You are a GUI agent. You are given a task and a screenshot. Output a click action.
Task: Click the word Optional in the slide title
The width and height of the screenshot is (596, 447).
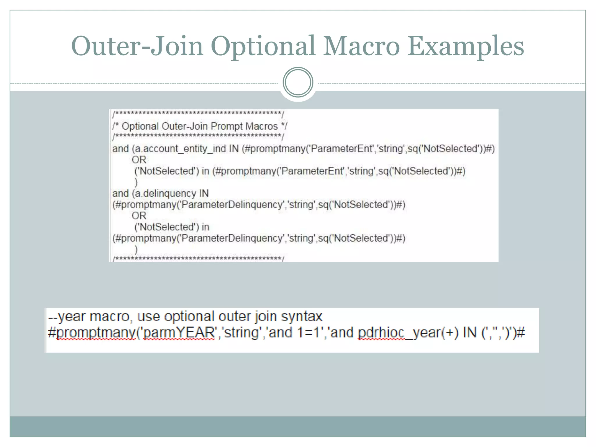(x=263, y=46)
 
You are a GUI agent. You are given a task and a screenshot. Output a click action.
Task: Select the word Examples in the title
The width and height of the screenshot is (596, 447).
(x=466, y=46)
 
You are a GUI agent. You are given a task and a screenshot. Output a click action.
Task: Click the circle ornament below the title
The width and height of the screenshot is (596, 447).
(x=298, y=82)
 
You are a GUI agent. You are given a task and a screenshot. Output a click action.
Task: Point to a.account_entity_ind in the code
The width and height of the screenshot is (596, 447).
(x=180, y=149)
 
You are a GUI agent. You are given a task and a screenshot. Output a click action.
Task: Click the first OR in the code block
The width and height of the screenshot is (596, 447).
(x=139, y=160)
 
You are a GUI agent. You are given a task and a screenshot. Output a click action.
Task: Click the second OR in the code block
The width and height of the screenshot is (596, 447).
(x=139, y=216)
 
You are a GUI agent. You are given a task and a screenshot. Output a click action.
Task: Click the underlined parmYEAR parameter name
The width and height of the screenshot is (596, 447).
(x=179, y=332)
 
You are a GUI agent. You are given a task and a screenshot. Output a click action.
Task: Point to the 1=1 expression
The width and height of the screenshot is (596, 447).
(x=308, y=332)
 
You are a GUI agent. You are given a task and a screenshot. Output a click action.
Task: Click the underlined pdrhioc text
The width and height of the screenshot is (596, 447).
(x=381, y=332)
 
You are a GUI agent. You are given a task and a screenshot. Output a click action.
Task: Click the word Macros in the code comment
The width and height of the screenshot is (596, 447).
(x=261, y=126)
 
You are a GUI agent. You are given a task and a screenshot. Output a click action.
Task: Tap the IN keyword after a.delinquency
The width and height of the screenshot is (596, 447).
(x=204, y=194)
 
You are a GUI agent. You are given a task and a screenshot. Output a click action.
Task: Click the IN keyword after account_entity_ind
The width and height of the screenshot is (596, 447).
(x=234, y=149)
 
